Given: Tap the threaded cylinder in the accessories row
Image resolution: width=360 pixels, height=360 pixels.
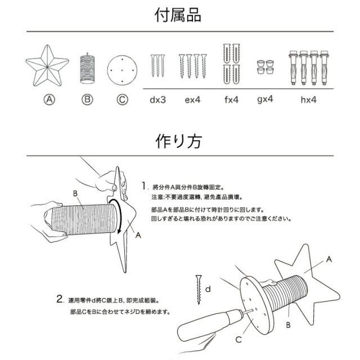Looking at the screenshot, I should pos(87,68).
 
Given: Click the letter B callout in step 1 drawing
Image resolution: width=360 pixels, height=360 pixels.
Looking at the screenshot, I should pos(74,193).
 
